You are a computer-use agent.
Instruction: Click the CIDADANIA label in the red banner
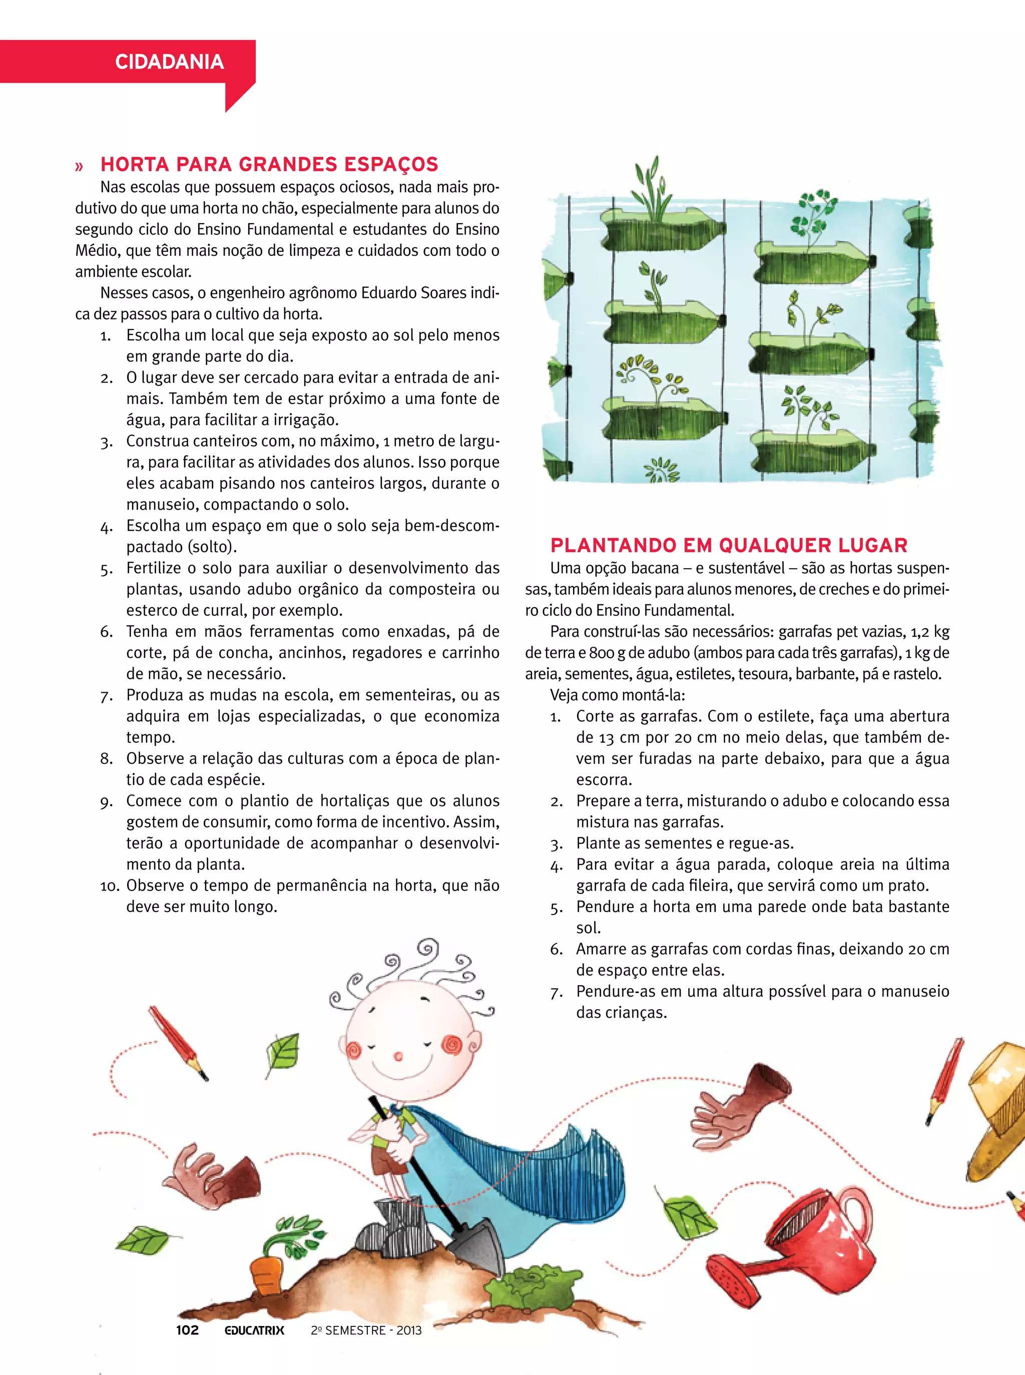point(169,62)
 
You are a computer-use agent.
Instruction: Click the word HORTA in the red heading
point(135,164)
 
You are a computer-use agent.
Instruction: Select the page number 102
point(187,1330)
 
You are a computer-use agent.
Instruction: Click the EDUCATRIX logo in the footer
point(254,1330)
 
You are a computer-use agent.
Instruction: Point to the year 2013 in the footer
point(409,1330)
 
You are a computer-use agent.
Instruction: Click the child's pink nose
point(399,1056)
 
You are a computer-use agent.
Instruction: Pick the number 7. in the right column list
point(556,993)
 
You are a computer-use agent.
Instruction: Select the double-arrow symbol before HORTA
point(79,166)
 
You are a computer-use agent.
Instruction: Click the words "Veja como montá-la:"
point(618,695)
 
